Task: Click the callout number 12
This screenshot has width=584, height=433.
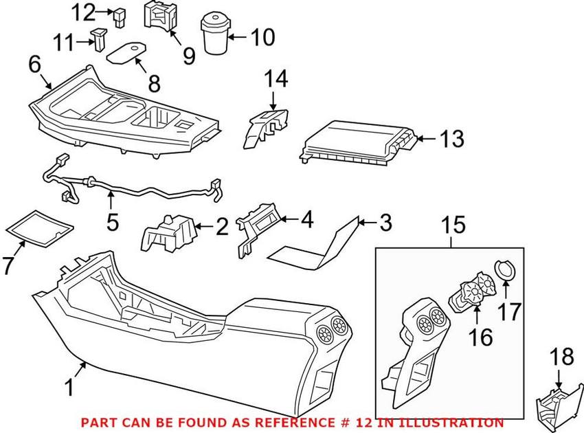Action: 85,12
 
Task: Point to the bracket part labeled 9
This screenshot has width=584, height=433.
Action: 159,17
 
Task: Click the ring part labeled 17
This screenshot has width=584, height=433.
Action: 505,271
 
